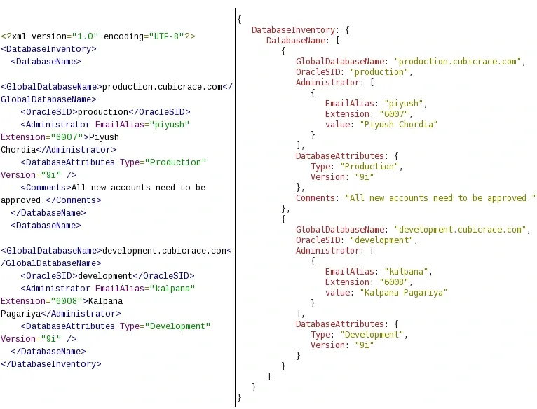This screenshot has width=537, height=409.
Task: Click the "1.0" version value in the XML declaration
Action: [x=85, y=36]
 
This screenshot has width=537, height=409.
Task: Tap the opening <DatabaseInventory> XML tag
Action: [x=48, y=49]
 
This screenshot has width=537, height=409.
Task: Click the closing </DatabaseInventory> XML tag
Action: [x=51, y=364]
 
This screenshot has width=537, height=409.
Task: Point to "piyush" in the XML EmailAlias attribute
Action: [x=170, y=125]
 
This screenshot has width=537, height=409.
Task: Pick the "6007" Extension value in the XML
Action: [x=67, y=137]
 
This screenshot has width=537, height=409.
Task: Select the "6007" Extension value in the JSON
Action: [x=394, y=114]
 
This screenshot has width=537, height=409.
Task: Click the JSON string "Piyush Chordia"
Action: [x=399, y=125]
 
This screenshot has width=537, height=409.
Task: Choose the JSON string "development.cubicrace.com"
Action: [x=460, y=230]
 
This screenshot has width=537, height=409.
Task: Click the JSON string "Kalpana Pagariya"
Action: [x=403, y=293]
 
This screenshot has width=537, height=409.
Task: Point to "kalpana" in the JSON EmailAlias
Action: [x=406, y=272]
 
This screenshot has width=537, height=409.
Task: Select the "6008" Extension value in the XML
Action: [x=67, y=301]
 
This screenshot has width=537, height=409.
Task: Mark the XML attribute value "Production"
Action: [x=176, y=162]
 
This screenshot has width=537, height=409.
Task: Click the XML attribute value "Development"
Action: [x=178, y=326]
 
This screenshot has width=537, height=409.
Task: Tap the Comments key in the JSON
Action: [x=315, y=198]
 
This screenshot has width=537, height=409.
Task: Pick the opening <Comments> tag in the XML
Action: [x=46, y=188]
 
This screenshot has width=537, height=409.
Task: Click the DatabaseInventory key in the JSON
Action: [x=293, y=30]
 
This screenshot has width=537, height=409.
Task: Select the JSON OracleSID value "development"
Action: [x=382, y=240]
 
